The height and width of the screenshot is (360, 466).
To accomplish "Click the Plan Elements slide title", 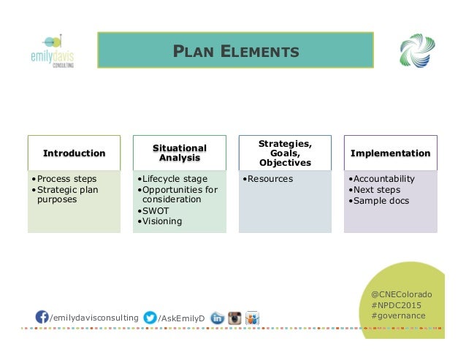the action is [x=235, y=51].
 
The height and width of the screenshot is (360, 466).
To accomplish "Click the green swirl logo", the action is [x=417, y=51].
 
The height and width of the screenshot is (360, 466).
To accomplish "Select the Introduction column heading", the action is [x=74, y=153].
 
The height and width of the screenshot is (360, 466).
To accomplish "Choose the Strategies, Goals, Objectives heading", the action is [x=285, y=153].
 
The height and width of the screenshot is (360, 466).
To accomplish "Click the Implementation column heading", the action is [x=390, y=153].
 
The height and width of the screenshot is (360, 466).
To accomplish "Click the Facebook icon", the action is [x=43, y=317].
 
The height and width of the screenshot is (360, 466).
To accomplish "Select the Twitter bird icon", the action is [x=150, y=317].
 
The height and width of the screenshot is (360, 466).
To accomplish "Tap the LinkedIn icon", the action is [x=217, y=318].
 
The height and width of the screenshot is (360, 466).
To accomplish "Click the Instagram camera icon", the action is [x=234, y=318].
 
